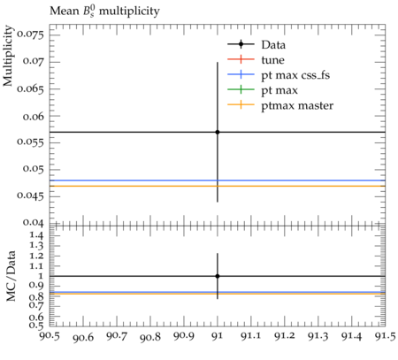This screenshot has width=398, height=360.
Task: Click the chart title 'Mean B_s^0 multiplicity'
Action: pyautogui.click(x=104, y=11)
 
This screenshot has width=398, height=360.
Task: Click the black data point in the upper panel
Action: pyautogui.click(x=218, y=132)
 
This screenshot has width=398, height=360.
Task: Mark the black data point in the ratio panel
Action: pyautogui.click(x=218, y=276)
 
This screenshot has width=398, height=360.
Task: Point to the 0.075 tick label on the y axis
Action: pyautogui.click(x=30, y=34)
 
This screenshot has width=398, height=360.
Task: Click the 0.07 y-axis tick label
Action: pyautogui.click(x=33, y=61)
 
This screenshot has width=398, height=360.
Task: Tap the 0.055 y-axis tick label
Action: pyautogui.click(x=30, y=142)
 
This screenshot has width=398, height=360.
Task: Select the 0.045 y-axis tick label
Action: pyautogui.click(x=30, y=195)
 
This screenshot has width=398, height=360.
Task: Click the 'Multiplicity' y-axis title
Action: pyautogui.click(x=8, y=56)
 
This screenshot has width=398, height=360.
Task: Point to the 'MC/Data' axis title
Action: pyautogui.click(x=11, y=276)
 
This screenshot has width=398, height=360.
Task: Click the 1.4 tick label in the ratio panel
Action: pyautogui.click(x=36, y=235)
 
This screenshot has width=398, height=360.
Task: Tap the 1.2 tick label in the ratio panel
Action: pyautogui.click(x=36, y=256)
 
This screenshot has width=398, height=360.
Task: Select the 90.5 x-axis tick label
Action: pyautogui.click(x=50, y=336)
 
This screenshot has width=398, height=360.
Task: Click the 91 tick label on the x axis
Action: pyautogui.click(x=218, y=336)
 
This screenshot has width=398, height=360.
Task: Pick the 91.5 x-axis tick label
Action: pyautogui.click(x=385, y=336)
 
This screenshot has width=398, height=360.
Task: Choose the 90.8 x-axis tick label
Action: pyautogui.click(x=150, y=337)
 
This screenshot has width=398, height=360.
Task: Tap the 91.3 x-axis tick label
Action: pyautogui.click(x=318, y=336)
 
